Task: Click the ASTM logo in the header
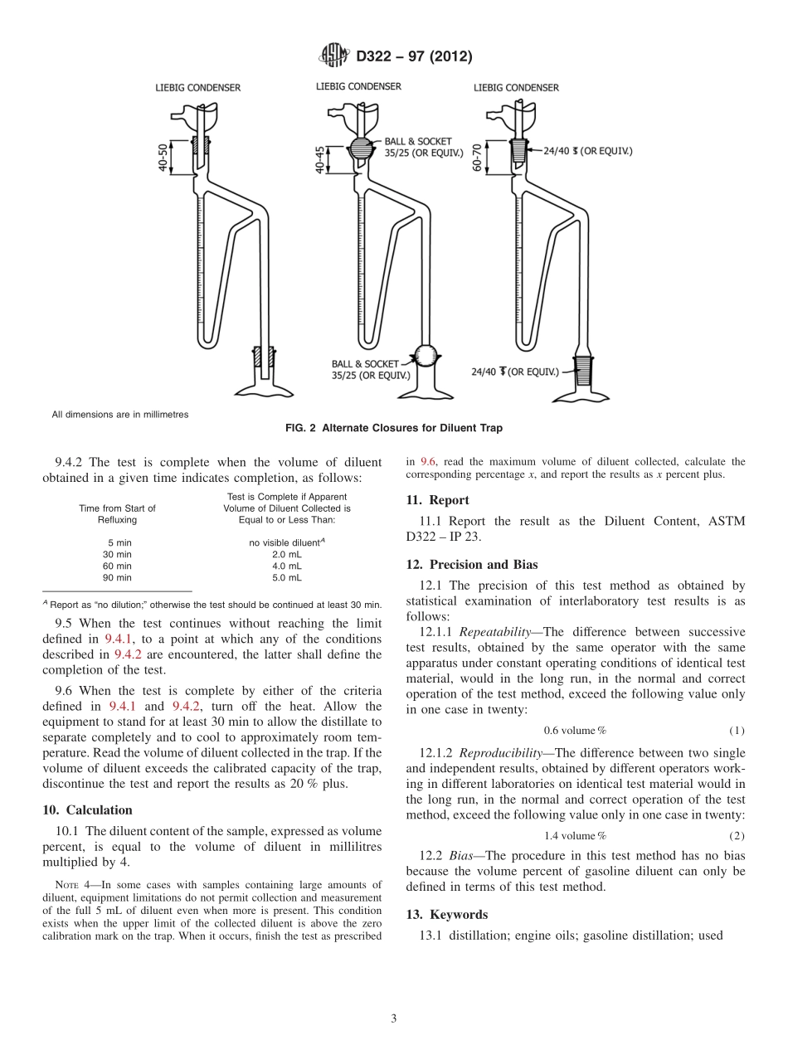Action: pyautogui.click(x=334, y=56)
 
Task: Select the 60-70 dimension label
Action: pyautogui.click(x=479, y=157)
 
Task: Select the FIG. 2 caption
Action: pyautogui.click(x=393, y=429)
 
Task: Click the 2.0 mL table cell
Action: pyautogui.click(x=287, y=553)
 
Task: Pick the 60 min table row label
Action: pyautogui.click(x=117, y=565)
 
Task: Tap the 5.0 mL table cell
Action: pyautogui.click(x=287, y=576)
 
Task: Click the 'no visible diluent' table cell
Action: pyautogui.click(x=287, y=542)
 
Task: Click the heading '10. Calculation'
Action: pyautogui.click(x=87, y=809)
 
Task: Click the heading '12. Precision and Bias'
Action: pyautogui.click(x=471, y=564)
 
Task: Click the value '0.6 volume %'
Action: pyautogui.click(x=575, y=730)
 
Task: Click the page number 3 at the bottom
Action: pyautogui.click(x=393, y=1019)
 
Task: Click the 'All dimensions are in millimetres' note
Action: pyautogui.click(x=120, y=414)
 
